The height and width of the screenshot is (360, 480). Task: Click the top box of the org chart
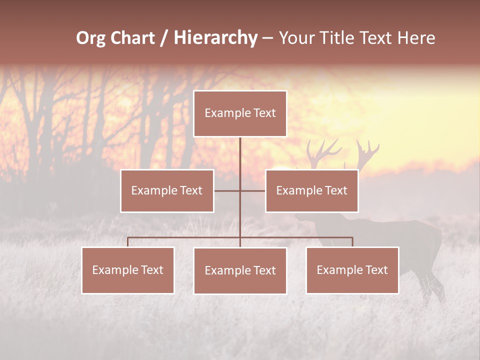(x=240, y=113)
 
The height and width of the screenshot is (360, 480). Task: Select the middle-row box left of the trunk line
(x=167, y=190)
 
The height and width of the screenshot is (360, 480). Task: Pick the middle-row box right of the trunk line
(x=311, y=190)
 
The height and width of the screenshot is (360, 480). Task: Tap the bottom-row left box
(x=128, y=270)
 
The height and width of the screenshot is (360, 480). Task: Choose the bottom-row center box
(x=240, y=270)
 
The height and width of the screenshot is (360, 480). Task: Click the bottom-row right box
(x=352, y=270)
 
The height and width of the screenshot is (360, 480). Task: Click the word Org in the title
(x=91, y=38)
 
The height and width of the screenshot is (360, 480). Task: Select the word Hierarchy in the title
(x=215, y=38)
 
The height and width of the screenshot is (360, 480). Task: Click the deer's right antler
(x=367, y=150)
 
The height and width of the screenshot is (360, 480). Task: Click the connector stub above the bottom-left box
(x=128, y=242)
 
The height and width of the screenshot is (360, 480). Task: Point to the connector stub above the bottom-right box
(x=352, y=242)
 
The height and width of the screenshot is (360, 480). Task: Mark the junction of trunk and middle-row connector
(x=240, y=190)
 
